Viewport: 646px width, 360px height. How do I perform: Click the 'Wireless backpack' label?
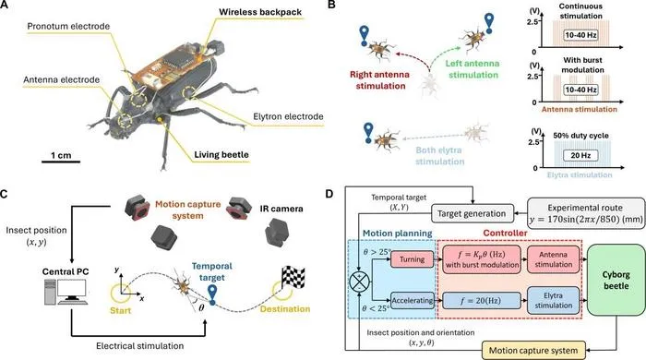pyautogui.click(x=260, y=11)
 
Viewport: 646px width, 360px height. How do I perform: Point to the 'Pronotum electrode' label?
pyautogui.click(x=68, y=27)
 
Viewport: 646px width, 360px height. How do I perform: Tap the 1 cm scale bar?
pyautogui.click(x=61, y=162)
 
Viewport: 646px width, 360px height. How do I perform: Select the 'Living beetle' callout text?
pyautogui.click(x=221, y=155)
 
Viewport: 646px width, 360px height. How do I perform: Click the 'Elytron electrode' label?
pyautogui.click(x=288, y=116)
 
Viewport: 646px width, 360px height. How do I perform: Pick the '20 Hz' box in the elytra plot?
pyautogui.click(x=580, y=155)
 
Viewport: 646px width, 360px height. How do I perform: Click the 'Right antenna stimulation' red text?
pyautogui.click(x=379, y=80)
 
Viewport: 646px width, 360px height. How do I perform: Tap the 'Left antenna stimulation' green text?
pyautogui.click(x=473, y=69)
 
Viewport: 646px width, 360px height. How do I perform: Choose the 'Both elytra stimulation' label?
pyautogui.click(x=439, y=156)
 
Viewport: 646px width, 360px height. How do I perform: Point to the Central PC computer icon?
pyautogui.click(x=66, y=292)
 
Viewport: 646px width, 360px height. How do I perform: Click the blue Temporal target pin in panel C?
pyautogui.click(x=212, y=294)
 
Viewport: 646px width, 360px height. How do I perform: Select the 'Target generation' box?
pyautogui.click(x=473, y=213)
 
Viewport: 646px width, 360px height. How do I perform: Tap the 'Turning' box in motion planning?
pyautogui.click(x=412, y=259)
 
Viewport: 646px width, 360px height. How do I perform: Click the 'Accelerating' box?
pyautogui.click(x=412, y=300)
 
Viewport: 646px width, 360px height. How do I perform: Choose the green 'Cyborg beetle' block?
pyautogui.click(x=616, y=280)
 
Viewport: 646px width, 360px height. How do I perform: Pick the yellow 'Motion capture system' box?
pyautogui.click(x=533, y=351)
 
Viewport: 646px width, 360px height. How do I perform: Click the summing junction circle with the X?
pyautogui.click(x=360, y=282)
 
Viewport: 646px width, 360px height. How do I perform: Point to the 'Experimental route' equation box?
pyautogui.click(x=587, y=213)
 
